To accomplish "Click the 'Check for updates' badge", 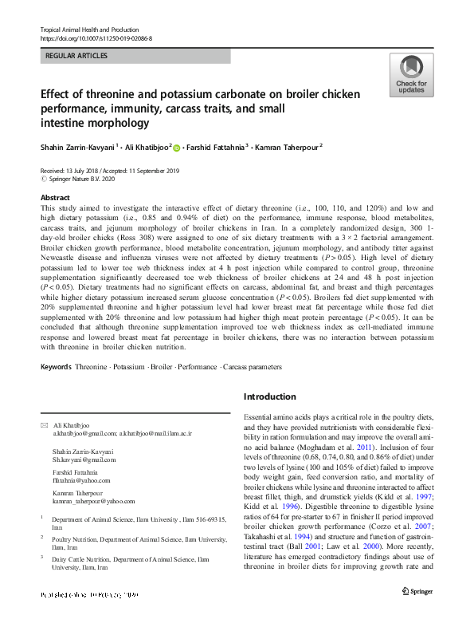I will (x=410, y=75).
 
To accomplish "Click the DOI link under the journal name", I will (x=96, y=38).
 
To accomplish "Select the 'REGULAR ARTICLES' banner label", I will (x=77, y=57).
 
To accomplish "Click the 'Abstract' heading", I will (x=54, y=196).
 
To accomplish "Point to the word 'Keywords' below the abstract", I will (x=55, y=367).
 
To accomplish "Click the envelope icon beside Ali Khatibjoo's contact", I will (x=44, y=424).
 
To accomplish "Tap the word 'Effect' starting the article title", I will (x=57, y=93).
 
